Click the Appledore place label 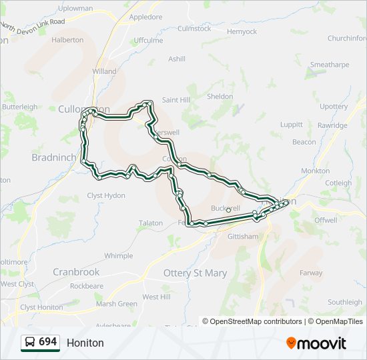pyautogui.click(x=145, y=17)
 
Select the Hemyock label pyautogui.click(x=242, y=31)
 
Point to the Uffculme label pyautogui.click(x=148, y=41)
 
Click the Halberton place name pyautogui.click(x=67, y=40)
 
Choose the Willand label pyautogui.click(x=104, y=71)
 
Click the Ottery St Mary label pyautogui.click(x=195, y=273)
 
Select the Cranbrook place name pyautogui.click(x=76, y=272)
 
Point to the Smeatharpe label pyautogui.click(x=330, y=65)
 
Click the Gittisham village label pyautogui.click(x=242, y=237)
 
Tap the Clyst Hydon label pyautogui.click(x=106, y=195)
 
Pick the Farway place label pyautogui.click(x=311, y=273)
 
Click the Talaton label pyautogui.click(x=150, y=223)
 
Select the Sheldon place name pyautogui.click(x=220, y=97)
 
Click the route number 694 pyautogui.click(x=47, y=342)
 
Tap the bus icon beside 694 pyautogui.click(x=30, y=342)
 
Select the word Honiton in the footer pyautogui.click(x=85, y=343)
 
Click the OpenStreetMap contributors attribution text pyautogui.click(x=256, y=321)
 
